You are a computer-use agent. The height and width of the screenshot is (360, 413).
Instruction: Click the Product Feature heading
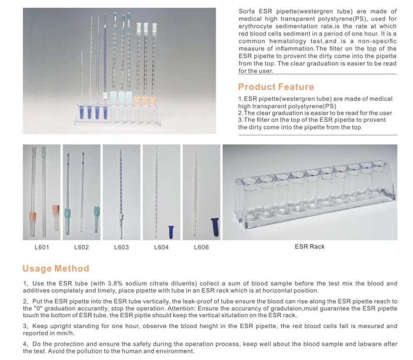(276, 86)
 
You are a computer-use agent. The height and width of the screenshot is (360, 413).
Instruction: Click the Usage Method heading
(55, 268)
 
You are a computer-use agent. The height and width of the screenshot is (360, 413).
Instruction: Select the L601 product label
(41, 247)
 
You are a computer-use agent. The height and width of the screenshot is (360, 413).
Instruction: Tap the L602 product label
(81, 247)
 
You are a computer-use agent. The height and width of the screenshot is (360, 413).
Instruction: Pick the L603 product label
(121, 247)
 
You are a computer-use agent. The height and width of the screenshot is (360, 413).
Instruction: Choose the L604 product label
(161, 247)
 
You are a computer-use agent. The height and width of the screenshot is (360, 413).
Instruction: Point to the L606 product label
(201, 247)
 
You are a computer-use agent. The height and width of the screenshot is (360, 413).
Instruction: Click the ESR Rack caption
(310, 247)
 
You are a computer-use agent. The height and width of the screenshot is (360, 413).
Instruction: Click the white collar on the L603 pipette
(121, 217)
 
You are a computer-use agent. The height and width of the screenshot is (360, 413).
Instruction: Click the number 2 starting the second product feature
(240, 113)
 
